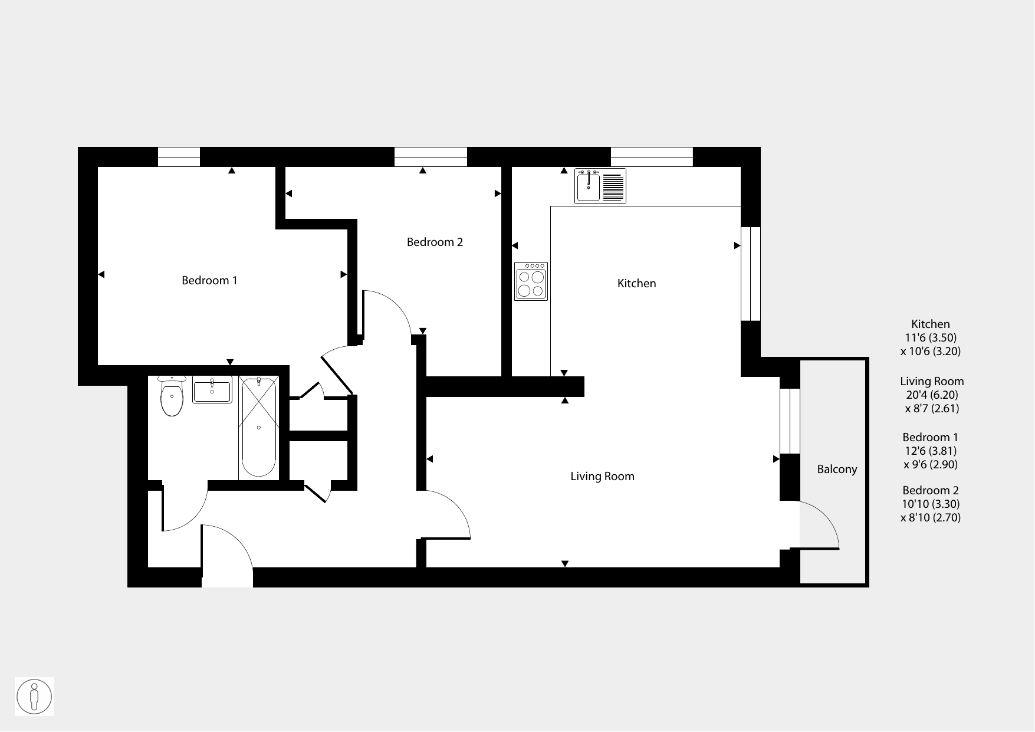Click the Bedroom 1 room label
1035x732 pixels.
click(209, 281)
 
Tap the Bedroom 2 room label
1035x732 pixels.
click(435, 242)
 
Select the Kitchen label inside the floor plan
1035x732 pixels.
click(636, 284)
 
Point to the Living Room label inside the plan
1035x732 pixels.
click(602, 477)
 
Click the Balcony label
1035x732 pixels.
click(837, 470)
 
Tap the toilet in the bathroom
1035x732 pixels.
click(172, 396)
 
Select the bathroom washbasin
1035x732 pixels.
click(212, 390)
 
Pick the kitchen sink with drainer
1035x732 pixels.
click(600, 186)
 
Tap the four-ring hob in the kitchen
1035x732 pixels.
click(531, 281)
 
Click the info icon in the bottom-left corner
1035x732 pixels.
click(34, 697)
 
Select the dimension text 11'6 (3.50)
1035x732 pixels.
click(931, 338)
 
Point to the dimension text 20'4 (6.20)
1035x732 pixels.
click(932, 395)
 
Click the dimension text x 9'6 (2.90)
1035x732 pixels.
click(931, 465)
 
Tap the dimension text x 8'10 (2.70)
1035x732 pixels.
click(931, 518)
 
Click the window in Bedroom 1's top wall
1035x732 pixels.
click(179, 157)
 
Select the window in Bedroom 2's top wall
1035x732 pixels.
click(431, 157)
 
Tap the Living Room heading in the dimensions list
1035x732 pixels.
click(932, 382)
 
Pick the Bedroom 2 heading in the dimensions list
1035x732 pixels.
click(931, 491)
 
